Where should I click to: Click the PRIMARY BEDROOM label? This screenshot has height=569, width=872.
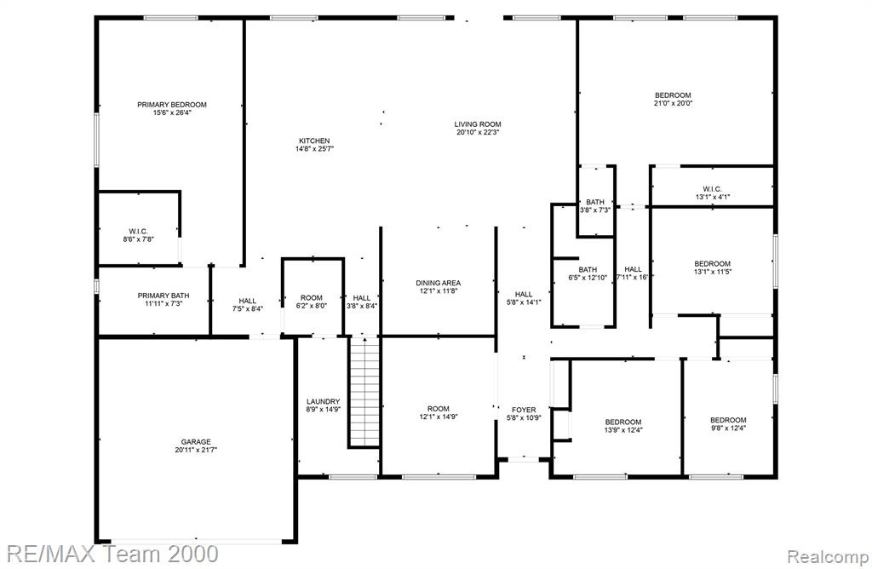coord(172,105)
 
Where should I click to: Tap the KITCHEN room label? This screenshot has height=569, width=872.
coord(314,141)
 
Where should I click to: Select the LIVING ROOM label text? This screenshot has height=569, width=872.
coord(478,124)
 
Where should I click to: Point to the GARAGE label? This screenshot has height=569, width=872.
coord(196,441)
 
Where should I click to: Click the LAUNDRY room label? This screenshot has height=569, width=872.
coord(323,401)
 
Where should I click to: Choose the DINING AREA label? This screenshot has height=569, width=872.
coord(439,283)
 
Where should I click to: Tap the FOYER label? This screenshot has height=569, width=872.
coord(524,410)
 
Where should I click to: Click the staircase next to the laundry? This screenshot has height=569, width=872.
coord(364,391)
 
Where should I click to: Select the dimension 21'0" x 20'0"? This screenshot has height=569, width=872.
coord(673,103)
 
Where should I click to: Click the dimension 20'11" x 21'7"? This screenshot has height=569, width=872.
coord(196,450)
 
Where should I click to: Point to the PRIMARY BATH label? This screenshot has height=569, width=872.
coord(163,296)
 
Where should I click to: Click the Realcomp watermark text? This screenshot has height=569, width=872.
coord(828,556)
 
